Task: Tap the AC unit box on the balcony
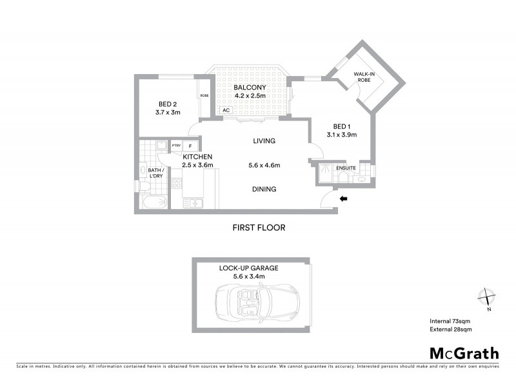click(226, 110)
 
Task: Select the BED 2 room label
click(168, 103)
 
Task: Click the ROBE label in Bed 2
click(204, 95)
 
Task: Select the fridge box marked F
click(191, 146)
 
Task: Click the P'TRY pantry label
click(176, 146)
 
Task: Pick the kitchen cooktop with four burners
click(175, 184)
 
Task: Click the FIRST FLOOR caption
click(259, 228)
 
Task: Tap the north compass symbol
click(485, 297)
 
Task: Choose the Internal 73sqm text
click(451, 321)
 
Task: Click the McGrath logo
click(464, 353)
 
